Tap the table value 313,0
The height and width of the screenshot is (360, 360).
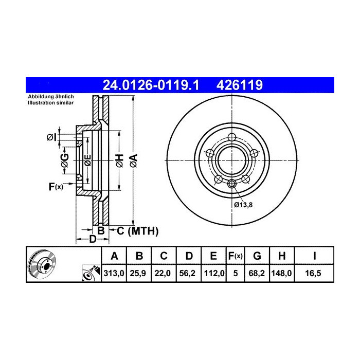coord(114,274)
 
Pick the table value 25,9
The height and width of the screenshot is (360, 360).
coord(138,274)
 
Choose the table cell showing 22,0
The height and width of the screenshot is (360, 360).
coord(163,274)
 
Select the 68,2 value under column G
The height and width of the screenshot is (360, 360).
coord(257,274)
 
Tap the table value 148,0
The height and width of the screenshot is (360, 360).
coord(282,274)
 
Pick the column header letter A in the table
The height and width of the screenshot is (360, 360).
coord(114,256)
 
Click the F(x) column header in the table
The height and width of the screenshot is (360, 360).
coord(235,256)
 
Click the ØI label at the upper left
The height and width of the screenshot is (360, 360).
coord(51,137)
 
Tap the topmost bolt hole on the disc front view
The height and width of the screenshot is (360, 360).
coord(231,137)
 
